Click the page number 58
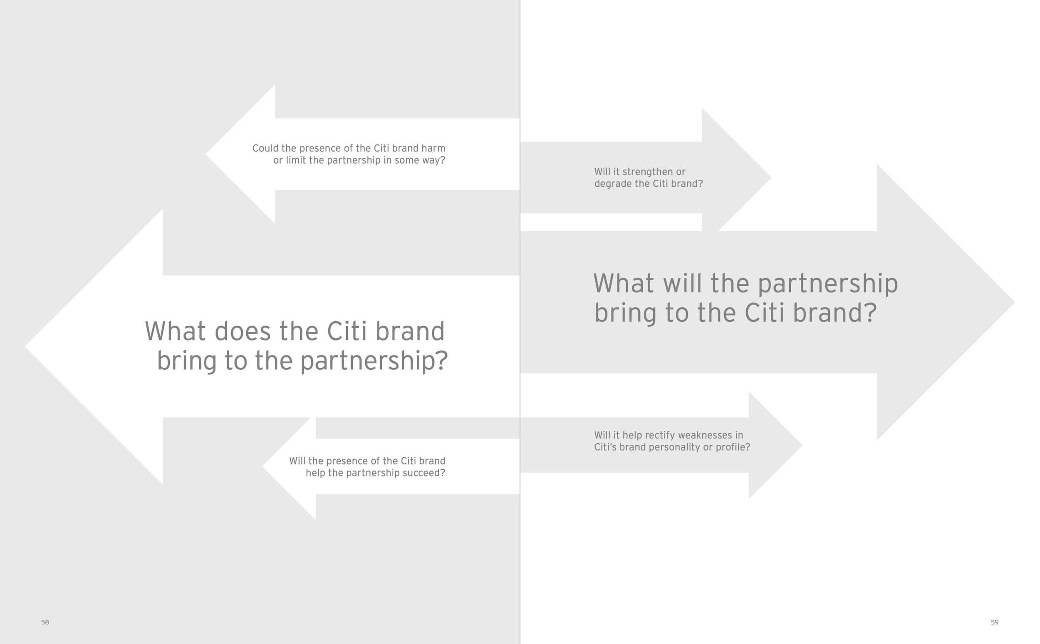click(45, 622)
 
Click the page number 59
click(994, 622)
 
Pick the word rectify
click(658, 435)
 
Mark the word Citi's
click(605, 447)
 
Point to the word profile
click(735, 447)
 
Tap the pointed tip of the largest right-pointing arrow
click(1014, 302)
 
